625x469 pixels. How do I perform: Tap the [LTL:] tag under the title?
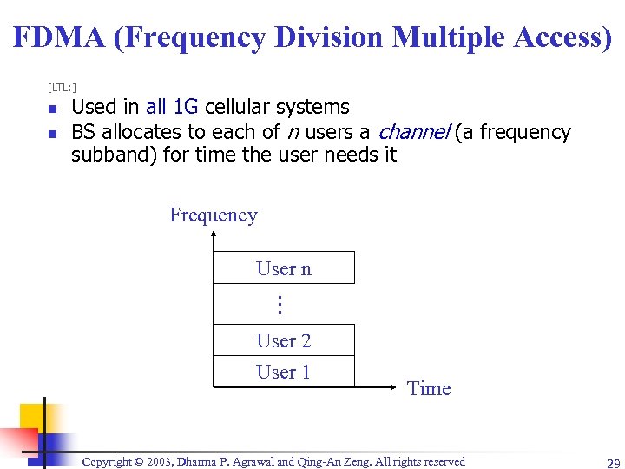[62, 87]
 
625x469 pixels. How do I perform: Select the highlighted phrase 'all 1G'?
[172, 108]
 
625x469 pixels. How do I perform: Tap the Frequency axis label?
[213, 215]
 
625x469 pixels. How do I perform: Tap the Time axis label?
[429, 389]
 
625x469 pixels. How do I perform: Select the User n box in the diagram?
[284, 268]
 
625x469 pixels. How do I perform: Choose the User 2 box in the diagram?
[284, 340]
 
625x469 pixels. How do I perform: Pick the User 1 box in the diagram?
[284, 372]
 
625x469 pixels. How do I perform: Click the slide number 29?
[602, 463]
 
